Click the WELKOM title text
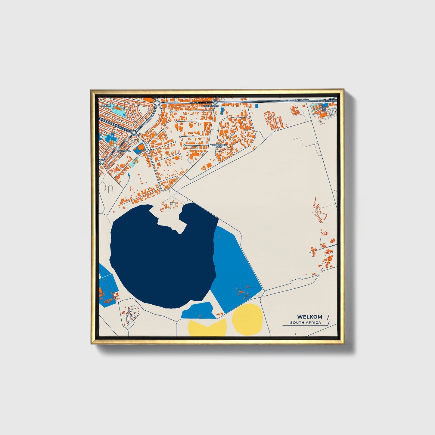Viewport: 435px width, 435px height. tap(309, 317)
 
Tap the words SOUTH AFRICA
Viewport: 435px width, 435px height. tap(306, 323)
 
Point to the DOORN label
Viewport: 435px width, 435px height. tap(106, 106)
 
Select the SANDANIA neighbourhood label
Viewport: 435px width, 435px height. tap(124, 151)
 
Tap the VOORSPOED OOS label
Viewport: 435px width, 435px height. tap(219, 146)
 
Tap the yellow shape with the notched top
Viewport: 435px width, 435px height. tap(207, 328)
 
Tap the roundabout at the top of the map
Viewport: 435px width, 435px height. tap(157, 103)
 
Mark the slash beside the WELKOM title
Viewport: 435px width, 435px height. tap(328, 317)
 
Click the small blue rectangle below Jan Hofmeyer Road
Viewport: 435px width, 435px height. tap(256, 106)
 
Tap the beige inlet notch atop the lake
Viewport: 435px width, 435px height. tap(169, 218)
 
